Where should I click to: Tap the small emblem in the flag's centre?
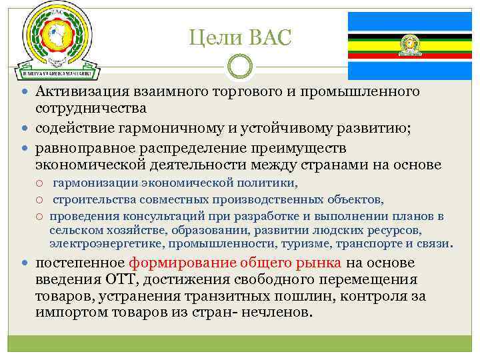pyautogui.click(x=408, y=45)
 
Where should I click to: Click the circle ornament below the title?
pyautogui.click(x=240, y=67)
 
